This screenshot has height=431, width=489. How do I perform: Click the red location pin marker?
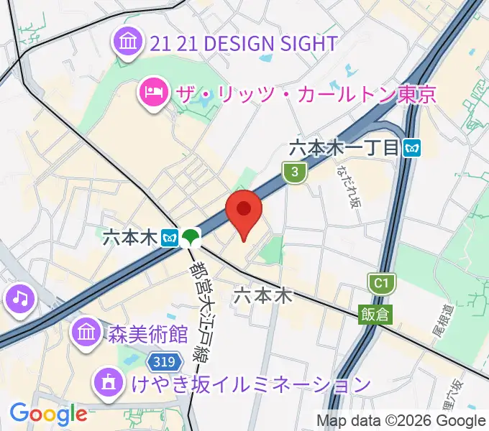[x=244, y=210]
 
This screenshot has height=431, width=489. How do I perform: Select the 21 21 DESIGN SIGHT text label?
[x=244, y=43]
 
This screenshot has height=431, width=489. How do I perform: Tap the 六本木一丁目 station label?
[x=344, y=148]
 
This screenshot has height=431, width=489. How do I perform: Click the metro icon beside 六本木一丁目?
[x=413, y=148]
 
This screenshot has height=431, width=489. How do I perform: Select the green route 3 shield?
[x=293, y=172]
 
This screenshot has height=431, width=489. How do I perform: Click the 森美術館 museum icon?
[x=86, y=333]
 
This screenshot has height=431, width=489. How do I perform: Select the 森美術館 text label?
[x=148, y=334]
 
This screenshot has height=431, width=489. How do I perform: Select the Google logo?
[x=48, y=414]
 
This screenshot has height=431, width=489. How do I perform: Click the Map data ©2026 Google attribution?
[x=401, y=420]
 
